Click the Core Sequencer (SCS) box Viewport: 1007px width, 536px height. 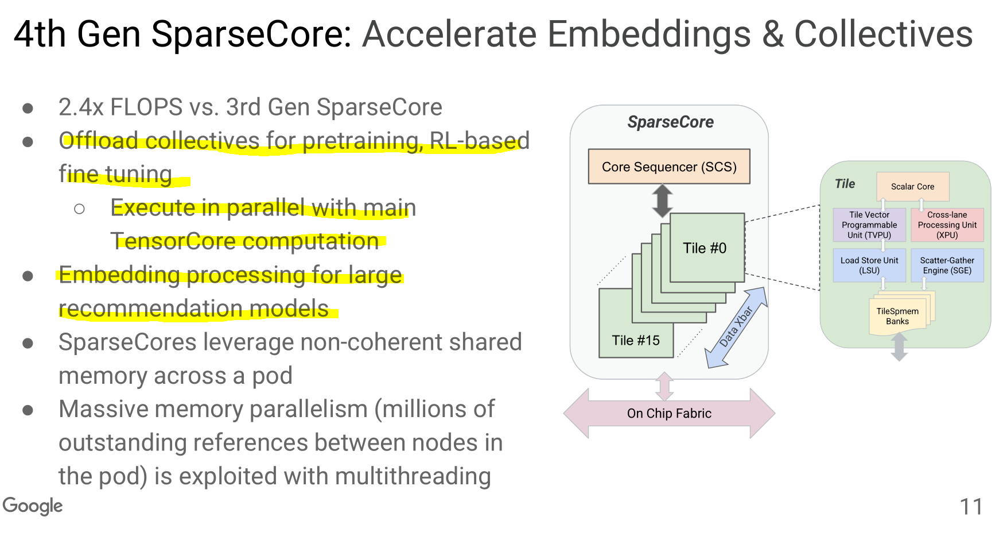(669, 167)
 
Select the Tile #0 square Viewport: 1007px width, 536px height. (706, 248)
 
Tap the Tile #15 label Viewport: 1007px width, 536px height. (636, 340)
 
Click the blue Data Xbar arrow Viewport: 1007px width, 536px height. (736, 327)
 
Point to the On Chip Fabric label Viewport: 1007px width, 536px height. (669, 414)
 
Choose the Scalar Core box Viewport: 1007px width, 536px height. (912, 187)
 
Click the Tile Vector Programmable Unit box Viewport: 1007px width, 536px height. (869, 225)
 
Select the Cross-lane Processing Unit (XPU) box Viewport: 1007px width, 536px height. (947, 225)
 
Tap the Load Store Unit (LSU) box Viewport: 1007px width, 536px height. (869, 265)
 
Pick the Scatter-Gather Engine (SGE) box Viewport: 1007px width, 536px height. (947, 265)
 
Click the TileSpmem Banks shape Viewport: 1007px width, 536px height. (898, 316)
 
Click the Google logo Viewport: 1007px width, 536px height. (33, 506)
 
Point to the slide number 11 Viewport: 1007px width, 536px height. (971, 507)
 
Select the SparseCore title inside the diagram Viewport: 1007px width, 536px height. (670, 122)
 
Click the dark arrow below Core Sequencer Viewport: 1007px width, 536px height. (663, 200)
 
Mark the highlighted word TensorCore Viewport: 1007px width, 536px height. (166, 241)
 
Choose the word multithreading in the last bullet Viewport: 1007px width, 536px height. (413, 476)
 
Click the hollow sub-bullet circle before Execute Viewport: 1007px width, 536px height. (80, 209)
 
